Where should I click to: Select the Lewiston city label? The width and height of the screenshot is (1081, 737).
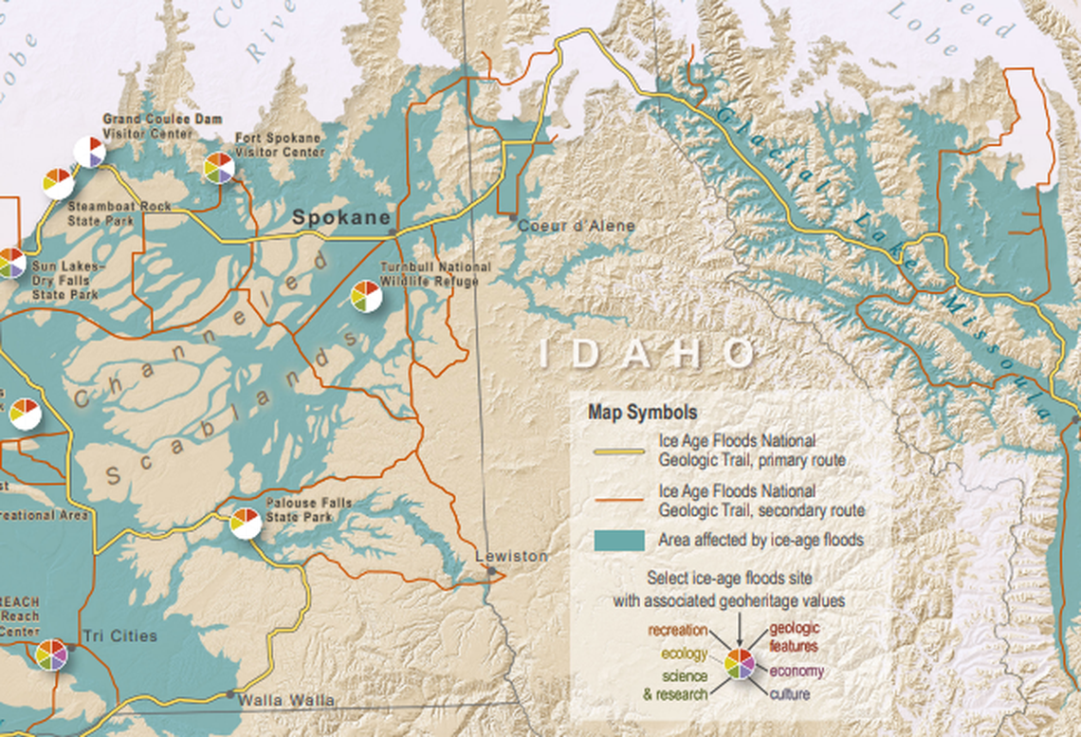[512, 556]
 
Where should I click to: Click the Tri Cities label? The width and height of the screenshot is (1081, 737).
[119, 636]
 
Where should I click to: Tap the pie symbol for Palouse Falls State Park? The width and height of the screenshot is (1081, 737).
[246, 523]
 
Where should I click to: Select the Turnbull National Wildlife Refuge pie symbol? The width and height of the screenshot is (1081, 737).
[366, 296]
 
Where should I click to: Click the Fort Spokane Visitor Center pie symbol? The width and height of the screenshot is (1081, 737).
[219, 168]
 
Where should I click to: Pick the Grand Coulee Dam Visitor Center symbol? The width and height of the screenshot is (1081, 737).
[90, 152]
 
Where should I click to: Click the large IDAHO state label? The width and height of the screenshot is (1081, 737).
[648, 355]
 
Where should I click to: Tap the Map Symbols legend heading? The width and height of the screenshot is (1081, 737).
[642, 413]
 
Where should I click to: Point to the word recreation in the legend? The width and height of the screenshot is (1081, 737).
[678, 630]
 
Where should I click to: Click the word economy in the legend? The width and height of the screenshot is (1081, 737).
[797, 672]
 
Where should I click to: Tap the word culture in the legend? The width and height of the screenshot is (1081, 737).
[790, 694]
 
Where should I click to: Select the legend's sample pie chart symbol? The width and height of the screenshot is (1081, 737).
[740, 663]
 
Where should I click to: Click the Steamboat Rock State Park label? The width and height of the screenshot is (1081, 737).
[105, 213]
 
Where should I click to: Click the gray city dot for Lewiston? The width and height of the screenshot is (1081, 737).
[491, 571]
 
